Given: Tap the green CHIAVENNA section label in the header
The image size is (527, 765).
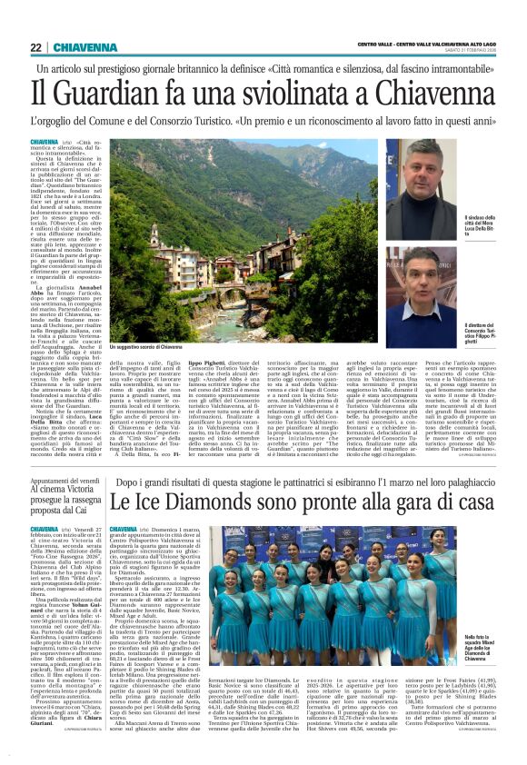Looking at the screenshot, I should [89, 47].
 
